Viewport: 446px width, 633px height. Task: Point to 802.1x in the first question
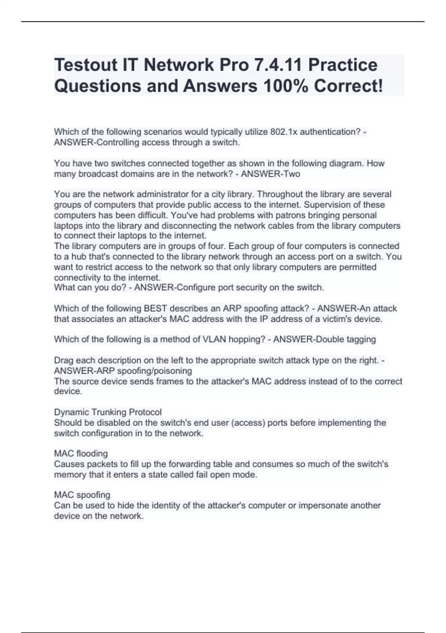(284, 132)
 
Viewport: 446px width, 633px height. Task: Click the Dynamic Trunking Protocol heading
(108, 412)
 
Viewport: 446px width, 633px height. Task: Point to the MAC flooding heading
(81, 454)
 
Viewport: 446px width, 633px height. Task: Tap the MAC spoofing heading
(82, 495)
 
